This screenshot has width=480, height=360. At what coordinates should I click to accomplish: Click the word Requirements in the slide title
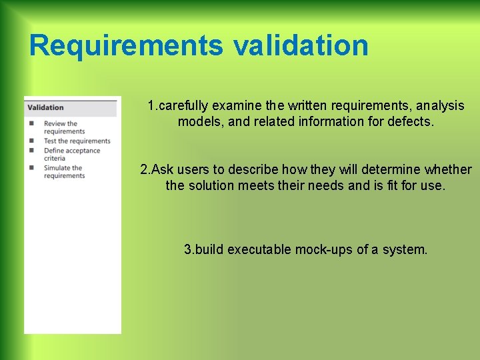(x=127, y=45)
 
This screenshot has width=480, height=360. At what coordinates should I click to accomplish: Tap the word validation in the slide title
(x=301, y=45)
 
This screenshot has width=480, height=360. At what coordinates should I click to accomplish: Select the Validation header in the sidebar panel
(x=45, y=107)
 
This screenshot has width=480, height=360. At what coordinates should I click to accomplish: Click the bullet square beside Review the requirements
(x=31, y=123)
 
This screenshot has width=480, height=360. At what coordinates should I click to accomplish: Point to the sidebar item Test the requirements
(x=77, y=141)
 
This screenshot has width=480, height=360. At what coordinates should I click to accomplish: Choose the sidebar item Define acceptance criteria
(x=71, y=154)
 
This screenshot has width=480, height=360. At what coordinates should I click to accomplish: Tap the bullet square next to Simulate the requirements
(x=31, y=167)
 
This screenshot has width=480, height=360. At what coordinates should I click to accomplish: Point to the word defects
(x=409, y=122)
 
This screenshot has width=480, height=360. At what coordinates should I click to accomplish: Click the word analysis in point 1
(x=438, y=106)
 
